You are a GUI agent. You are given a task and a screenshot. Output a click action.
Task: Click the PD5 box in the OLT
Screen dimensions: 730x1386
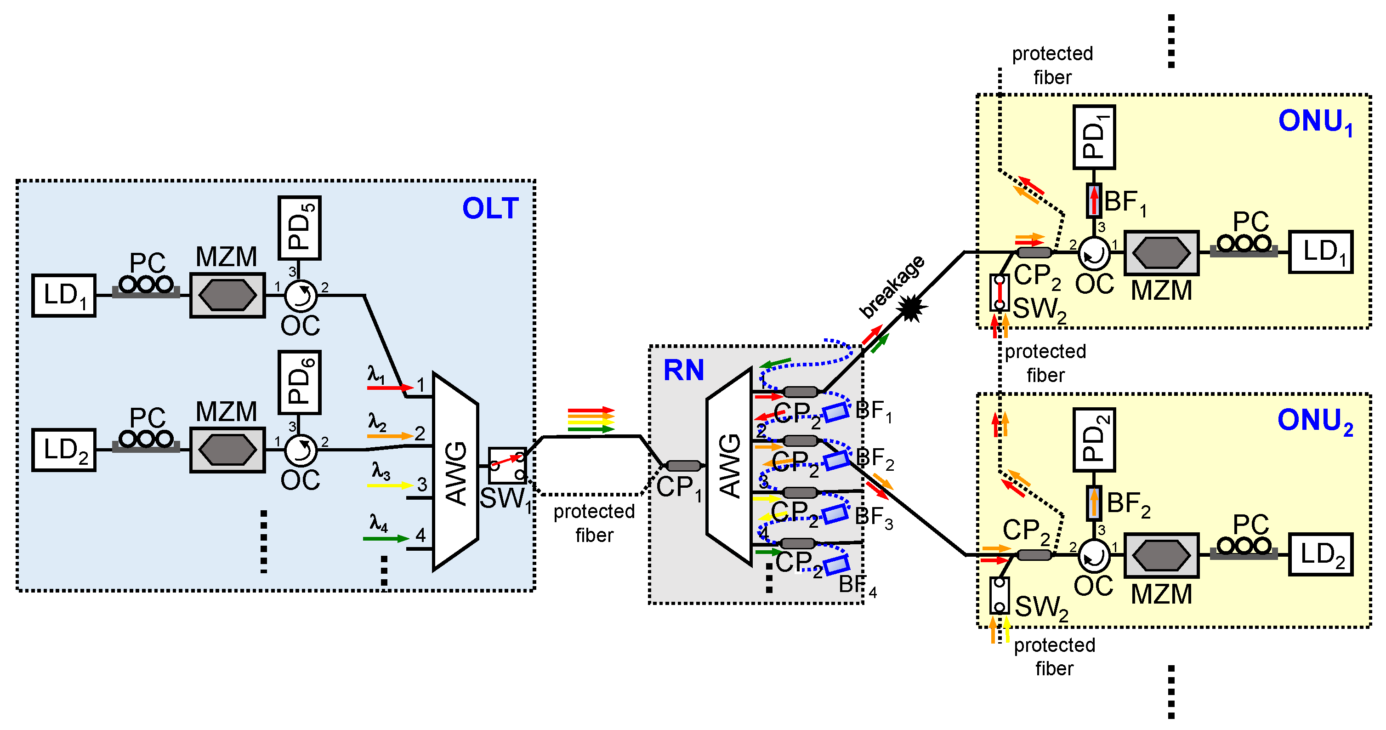[x=299, y=228]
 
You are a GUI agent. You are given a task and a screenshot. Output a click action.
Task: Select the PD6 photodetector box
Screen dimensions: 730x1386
[x=299, y=382]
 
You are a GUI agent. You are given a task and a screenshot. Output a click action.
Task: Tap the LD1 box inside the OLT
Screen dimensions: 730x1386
[x=63, y=296]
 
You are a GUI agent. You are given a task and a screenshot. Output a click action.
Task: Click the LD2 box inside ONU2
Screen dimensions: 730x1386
[x=1320, y=554]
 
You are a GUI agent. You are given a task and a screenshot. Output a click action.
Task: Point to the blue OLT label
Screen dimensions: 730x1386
[x=490, y=208]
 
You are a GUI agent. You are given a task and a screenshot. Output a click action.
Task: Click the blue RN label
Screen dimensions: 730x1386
[x=683, y=370]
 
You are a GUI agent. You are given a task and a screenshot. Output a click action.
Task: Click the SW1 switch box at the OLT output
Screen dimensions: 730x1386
[x=507, y=466]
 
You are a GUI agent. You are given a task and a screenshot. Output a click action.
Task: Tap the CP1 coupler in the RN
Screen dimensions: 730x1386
[x=683, y=466]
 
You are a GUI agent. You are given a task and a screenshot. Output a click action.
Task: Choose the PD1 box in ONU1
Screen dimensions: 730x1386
[x=1094, y=137]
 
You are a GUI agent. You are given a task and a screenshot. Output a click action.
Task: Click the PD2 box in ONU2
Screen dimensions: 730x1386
[x=1094, y=440]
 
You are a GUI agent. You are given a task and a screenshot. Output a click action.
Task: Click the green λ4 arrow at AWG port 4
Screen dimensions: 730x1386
[x=385, y=538]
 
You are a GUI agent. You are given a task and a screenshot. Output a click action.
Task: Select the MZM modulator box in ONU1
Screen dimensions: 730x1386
[x=1161, y=253]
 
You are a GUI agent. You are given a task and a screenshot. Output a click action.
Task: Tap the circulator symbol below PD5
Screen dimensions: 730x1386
[x=300, y=296]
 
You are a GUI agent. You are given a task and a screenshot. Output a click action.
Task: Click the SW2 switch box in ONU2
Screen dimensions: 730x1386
[x=999, y=595]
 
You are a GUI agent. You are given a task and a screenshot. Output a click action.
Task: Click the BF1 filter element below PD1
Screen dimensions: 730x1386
[x=1093, y=201]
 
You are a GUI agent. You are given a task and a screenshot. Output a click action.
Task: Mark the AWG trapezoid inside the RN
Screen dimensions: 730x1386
[x=729, y=466]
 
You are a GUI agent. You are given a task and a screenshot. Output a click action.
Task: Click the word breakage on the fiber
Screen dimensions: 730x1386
[x=891, y=287]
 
